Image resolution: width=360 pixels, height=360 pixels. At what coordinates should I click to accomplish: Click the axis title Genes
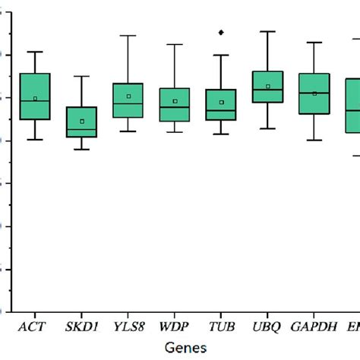point(182,346)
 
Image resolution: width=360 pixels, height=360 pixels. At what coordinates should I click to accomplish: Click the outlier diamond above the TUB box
point(221,33)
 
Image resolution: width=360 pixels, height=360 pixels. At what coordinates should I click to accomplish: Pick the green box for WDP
point(175,110)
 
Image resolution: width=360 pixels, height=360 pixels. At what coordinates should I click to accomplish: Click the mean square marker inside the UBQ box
point(268,87)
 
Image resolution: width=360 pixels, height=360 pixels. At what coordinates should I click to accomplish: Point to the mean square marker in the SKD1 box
point(82,122)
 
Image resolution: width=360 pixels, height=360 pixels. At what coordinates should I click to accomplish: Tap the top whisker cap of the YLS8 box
point(128,36)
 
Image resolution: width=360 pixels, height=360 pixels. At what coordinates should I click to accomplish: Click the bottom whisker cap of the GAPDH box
point(314,141)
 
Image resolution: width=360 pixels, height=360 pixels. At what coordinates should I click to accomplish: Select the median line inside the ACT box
point(35,101)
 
